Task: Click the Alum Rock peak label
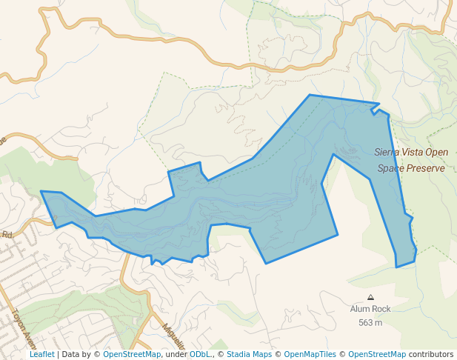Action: [370, 309]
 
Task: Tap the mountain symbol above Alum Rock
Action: [370, 297]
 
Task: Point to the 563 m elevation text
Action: [370, 322]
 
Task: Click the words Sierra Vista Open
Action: [411, 153]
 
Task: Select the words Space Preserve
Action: [411, 168]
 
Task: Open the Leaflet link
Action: [41, 354]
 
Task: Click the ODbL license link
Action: [199, 354]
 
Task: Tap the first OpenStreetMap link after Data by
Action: [132, 354]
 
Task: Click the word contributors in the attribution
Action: [431, 354]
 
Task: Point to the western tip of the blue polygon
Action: [41, 192]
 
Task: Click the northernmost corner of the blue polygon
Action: [310, 96]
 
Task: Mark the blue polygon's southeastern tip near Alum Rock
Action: [398, 266]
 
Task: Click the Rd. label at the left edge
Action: [7, 235]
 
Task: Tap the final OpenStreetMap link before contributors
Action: [377, 354]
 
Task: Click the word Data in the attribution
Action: [71, 354]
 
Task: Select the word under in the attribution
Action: [176, 354]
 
